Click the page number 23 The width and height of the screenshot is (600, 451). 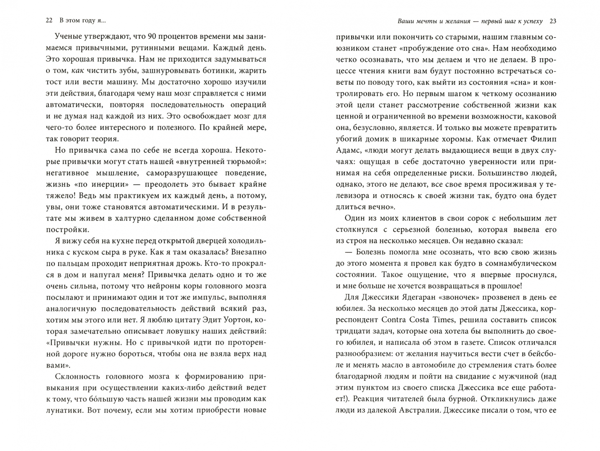[553, 21]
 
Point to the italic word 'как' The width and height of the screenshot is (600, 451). [78, 71]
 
